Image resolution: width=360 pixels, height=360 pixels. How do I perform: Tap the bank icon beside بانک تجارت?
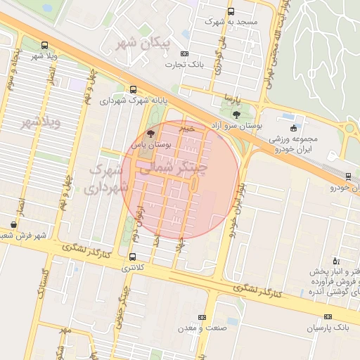point(184,53)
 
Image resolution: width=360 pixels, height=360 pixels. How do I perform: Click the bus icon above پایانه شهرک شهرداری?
point(134,89)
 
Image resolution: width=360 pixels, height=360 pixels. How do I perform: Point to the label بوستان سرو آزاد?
point(236,125)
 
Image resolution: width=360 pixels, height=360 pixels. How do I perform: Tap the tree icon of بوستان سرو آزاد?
point(236,114)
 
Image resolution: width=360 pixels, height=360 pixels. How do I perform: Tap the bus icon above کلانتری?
point(133,257)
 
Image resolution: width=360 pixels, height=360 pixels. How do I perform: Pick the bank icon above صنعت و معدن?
point(202,318)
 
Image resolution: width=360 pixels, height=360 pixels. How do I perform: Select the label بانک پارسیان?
point(328,328)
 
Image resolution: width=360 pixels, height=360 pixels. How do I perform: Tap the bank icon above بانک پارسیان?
point(328,318)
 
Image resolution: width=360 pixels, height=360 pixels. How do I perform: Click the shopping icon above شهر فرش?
point(13,225)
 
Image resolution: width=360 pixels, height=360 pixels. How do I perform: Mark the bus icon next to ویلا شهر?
point(45,44)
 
